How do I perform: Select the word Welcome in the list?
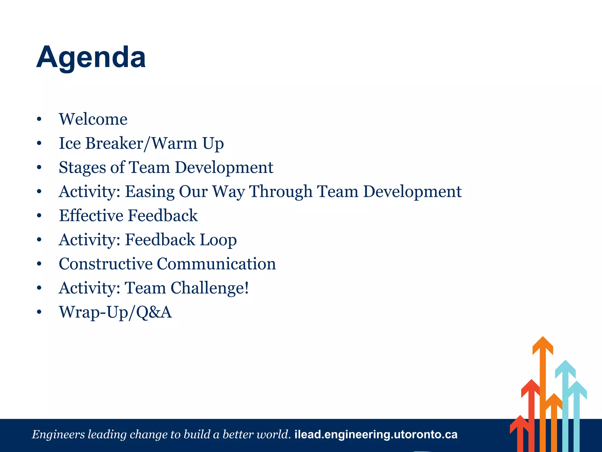pos(93,119)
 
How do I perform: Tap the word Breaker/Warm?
pos(141,143)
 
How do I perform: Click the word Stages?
pos(82,168)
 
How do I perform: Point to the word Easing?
pos(150,192)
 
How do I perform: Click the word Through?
pos(280,192)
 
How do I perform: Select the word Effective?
pos(91,216)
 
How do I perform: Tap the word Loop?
pos(218,240)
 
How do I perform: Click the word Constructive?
pos(106,264)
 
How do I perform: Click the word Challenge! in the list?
pos(210,288)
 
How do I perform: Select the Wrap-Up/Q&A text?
pos(115,312)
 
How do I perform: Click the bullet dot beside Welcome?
pos(39,119)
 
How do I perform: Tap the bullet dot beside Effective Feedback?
pos(39,216)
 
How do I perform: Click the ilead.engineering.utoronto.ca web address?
pos(376,435)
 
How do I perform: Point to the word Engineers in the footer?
pos(58,435)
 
